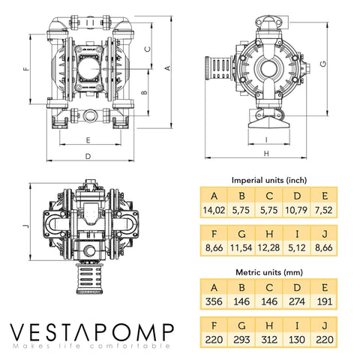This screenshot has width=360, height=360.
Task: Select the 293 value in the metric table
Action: coord(243,339)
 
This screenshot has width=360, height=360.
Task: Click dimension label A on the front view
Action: coord(167,67)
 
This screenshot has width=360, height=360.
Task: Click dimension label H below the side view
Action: coord(266,154)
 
